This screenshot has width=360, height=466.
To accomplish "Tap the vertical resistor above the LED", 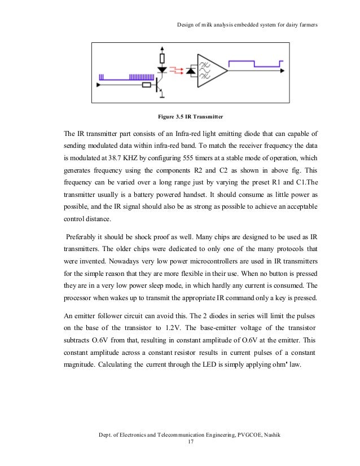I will [x=163, y=58].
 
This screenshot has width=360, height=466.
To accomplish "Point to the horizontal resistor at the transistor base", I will [x=148, y=85].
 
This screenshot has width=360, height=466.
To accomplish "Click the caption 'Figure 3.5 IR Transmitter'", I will [x=191, y=117].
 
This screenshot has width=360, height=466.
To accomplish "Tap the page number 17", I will [x=190, y=443].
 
